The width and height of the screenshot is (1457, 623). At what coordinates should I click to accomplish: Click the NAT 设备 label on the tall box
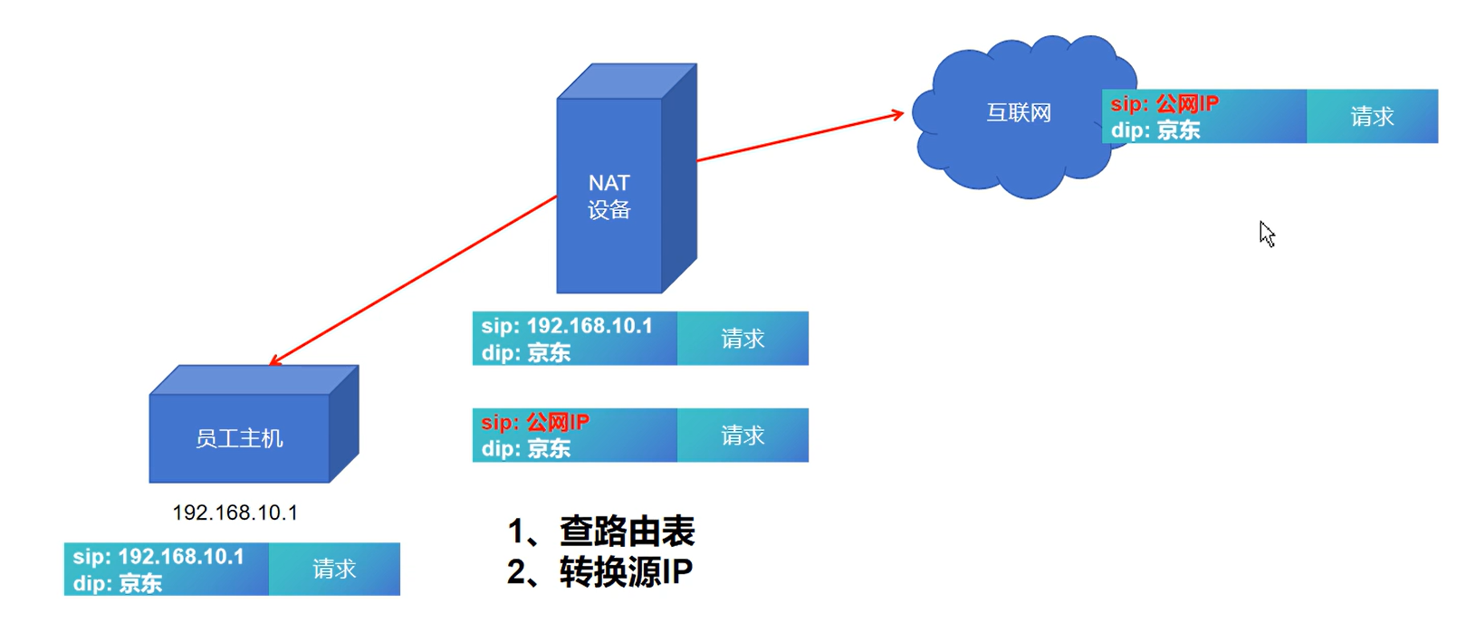609,196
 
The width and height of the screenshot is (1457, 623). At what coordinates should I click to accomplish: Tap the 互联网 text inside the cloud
1019,113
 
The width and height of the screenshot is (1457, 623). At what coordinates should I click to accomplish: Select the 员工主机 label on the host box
239,439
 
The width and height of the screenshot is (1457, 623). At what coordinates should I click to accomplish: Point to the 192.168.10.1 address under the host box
235,513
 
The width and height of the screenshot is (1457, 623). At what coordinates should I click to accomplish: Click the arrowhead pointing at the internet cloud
897,114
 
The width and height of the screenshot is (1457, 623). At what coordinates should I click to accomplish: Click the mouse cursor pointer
1266,233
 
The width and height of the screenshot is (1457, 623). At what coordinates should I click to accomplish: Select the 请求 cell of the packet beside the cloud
1372,117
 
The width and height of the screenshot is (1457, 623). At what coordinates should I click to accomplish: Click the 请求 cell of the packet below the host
334,569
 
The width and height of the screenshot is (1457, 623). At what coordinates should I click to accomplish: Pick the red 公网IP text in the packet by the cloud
1187,103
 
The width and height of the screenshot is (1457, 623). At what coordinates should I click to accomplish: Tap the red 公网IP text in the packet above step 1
557,422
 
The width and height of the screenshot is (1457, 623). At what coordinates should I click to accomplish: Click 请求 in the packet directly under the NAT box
743,339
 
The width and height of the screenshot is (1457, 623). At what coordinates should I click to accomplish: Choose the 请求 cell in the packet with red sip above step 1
743,436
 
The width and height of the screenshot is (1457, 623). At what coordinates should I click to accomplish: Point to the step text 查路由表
627,532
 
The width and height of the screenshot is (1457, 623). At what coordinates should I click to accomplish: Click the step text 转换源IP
626,572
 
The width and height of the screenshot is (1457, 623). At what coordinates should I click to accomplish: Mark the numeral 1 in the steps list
516,532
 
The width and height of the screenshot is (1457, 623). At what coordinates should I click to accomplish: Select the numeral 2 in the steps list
516,572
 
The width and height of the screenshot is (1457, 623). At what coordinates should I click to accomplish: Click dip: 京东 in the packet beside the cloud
1155,130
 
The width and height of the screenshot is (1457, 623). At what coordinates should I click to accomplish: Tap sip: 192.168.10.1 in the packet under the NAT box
567,326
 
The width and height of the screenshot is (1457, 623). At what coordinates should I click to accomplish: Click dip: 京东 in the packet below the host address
118,583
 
